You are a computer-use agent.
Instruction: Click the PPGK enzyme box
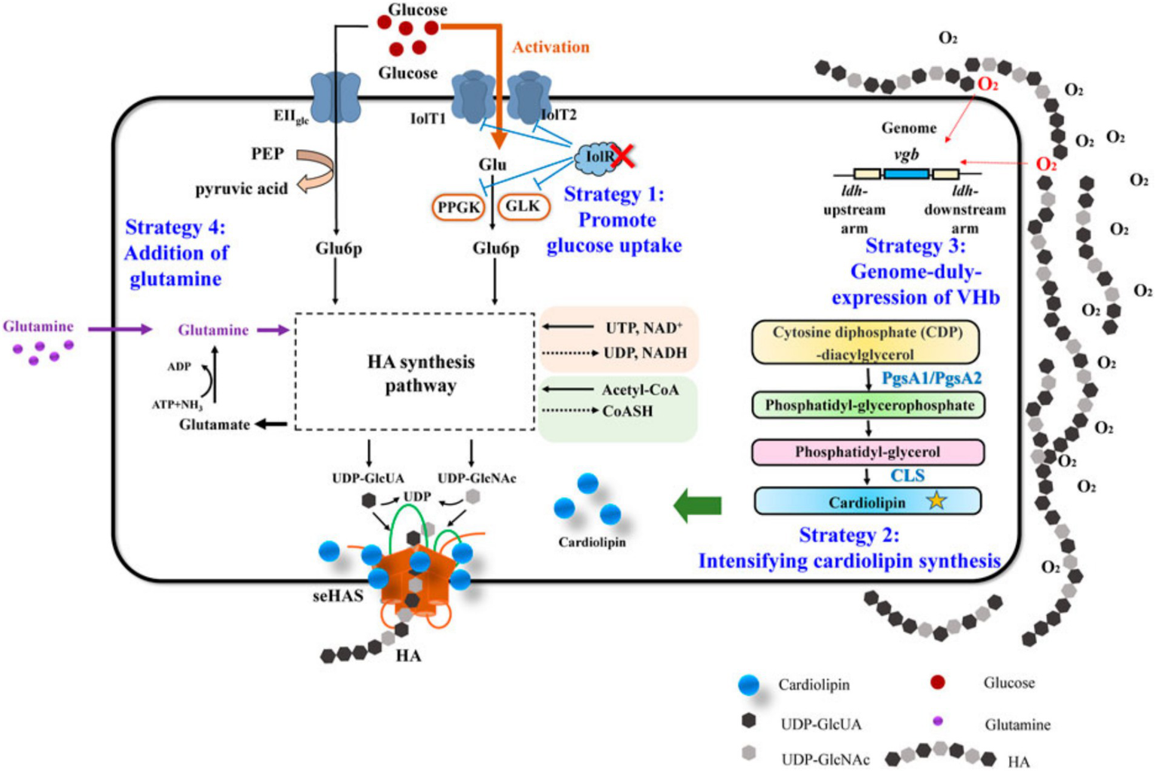coord(459,207)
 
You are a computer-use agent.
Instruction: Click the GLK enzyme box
coord(523,206)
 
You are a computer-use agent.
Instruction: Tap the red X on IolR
coord(623,156)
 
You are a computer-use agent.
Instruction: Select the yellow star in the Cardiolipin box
coord(936,500)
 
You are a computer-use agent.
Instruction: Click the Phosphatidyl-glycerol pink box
coord(868,452)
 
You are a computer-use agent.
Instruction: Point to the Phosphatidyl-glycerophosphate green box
coord(868,405)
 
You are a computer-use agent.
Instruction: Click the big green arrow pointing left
coord(697,504)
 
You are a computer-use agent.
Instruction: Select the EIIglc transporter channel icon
coord(335,96)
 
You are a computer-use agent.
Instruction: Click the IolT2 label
coord(559,114)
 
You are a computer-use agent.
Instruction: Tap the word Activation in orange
coord(551,47)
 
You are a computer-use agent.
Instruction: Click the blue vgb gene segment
coord(906,174)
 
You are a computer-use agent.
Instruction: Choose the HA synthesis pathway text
coord(420,373)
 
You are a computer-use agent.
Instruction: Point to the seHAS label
coord(338,596)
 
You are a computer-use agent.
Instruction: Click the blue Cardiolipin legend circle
coord(749,684)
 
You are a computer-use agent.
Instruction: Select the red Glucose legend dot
coord(938,682)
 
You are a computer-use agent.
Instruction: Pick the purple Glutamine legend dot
coord(938,721)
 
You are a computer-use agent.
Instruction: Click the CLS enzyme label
coord(907,475)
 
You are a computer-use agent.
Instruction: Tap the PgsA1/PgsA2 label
coord(932,378)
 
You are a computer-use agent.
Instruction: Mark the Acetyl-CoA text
coord(640,389)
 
